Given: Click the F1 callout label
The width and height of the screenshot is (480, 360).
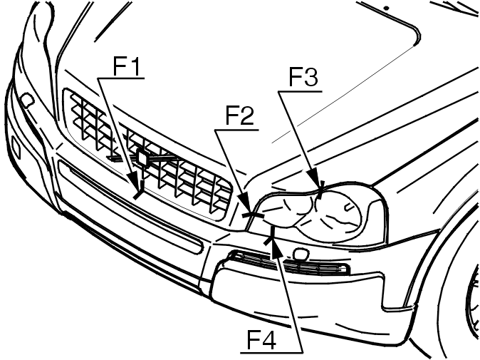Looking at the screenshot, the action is click(127, 66).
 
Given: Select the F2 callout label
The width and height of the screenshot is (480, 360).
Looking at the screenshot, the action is click(240, 115).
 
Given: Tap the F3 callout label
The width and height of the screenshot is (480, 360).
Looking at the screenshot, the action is click(303, 77).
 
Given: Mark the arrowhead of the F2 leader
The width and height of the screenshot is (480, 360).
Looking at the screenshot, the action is click(246, 205).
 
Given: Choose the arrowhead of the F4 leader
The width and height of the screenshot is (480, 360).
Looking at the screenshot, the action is click(276, 247).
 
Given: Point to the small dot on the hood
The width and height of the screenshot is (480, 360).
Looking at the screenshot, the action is click(387, 9).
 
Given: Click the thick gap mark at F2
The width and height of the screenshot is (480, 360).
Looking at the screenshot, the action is click(253, 215).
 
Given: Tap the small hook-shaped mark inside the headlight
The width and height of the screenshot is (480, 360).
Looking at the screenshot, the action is click(348, 207).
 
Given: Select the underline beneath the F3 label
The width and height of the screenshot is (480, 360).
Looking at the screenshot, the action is click(301, 91).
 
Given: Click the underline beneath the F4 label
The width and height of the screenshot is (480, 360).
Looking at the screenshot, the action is click(271, 351).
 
